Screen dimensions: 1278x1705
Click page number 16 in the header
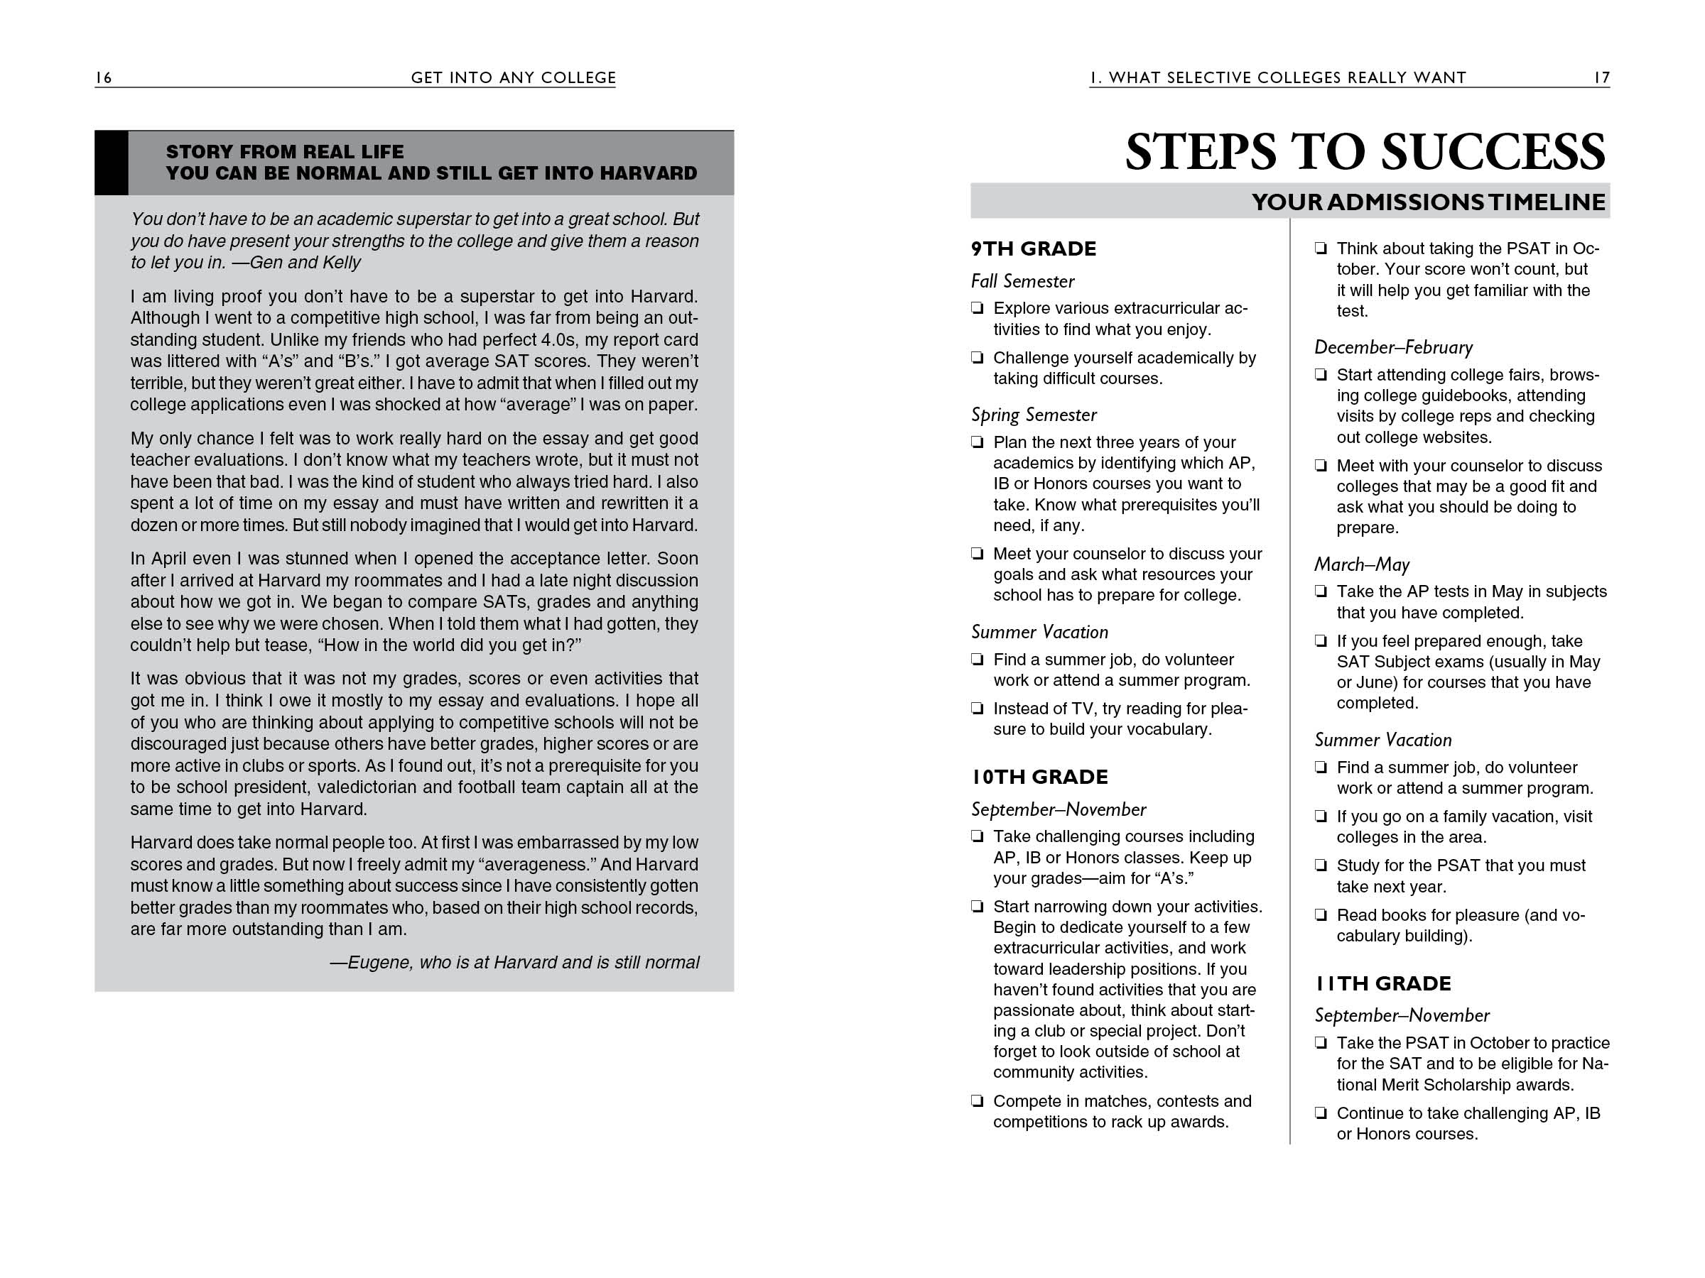(104, 78)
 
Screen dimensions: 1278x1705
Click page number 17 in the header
(1602, 78)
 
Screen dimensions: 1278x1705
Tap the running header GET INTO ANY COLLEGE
(514, 78)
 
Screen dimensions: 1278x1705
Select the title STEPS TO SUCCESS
(1365, 152)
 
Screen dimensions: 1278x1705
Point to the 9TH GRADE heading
(1033, 248)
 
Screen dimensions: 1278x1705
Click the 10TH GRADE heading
(1039, 777)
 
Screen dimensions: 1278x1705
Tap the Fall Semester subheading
(1022, 281)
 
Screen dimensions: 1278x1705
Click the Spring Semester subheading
(1033, 415)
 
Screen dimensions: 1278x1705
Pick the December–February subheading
(1393, 347)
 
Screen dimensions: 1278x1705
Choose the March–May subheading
(1361, 564)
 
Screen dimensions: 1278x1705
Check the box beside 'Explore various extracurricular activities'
(978, 309)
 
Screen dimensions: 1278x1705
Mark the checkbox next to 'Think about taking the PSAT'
(1321, 248)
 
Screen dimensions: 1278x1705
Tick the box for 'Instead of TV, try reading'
(978, 709)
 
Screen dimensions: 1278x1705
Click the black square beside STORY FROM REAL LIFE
(111, 163)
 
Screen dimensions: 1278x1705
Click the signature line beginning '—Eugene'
(514, 962)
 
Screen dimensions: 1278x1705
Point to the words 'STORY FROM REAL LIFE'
(284, 152)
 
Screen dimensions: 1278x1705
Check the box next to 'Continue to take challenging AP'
(1321, 1113)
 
